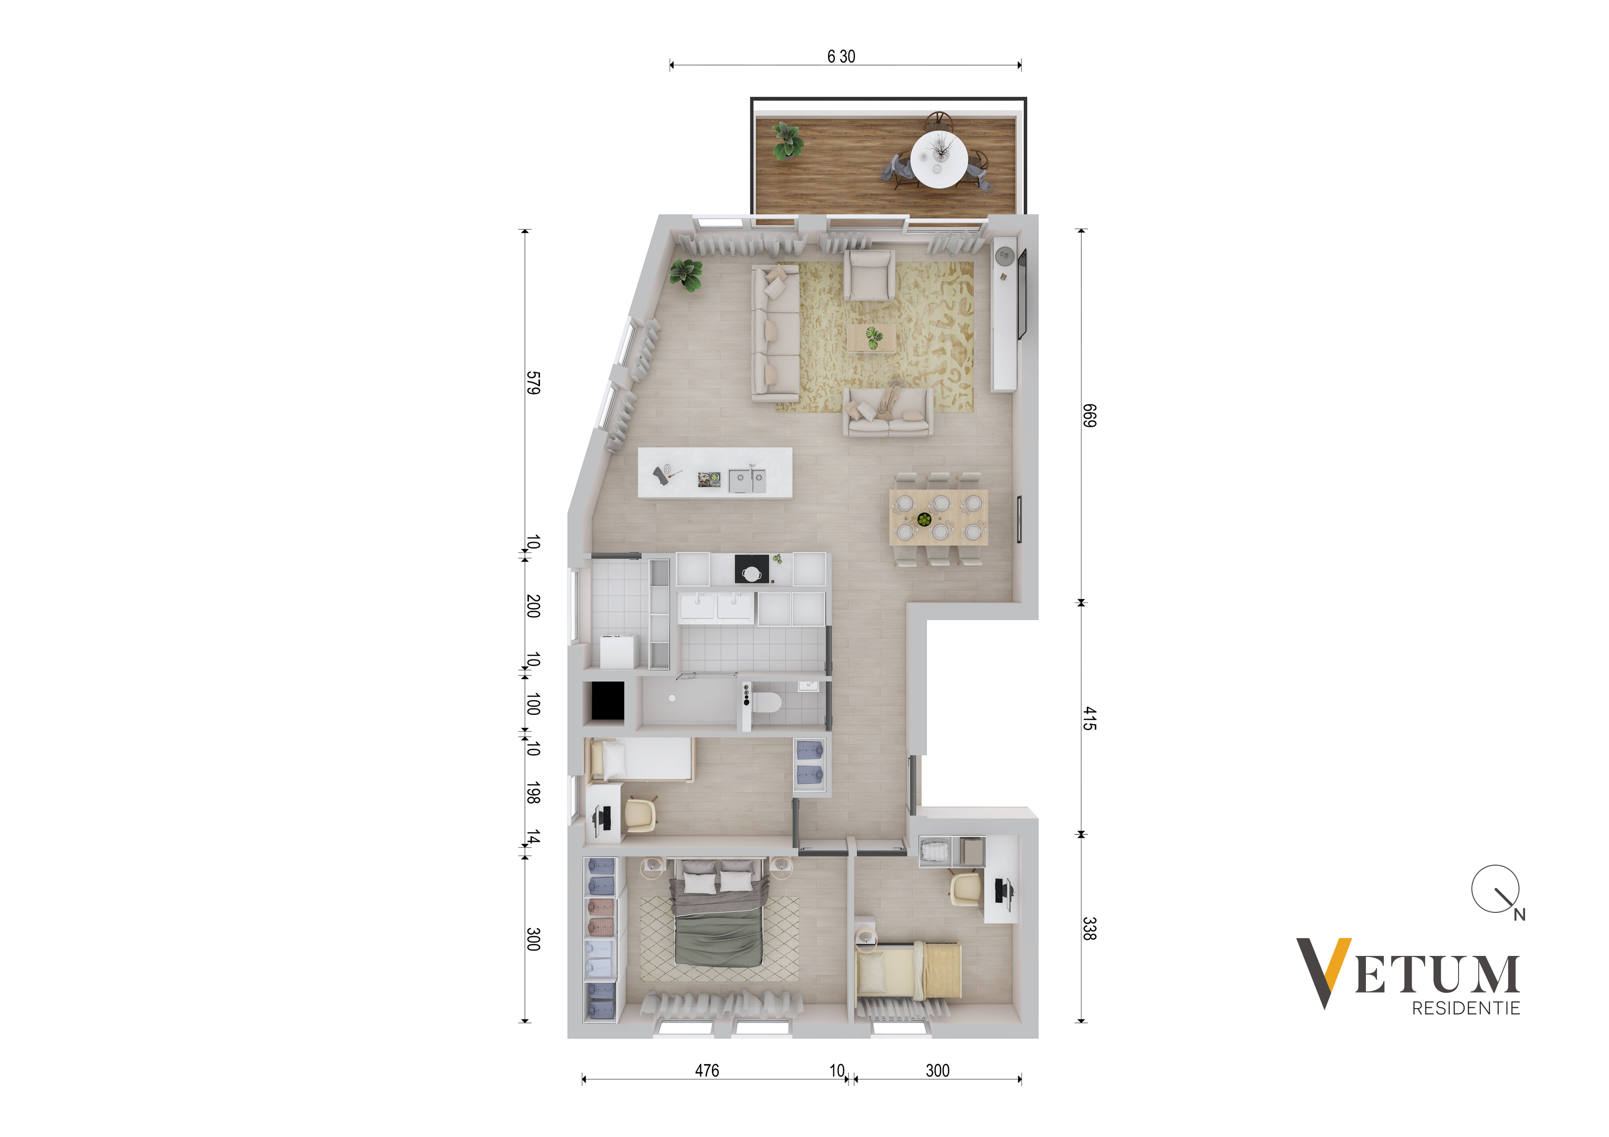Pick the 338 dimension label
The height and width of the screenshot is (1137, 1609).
(x=1089, y=928)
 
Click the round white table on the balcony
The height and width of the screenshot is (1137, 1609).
(x=939, y=159)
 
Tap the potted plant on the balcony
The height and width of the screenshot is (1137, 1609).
(x=788, y=139)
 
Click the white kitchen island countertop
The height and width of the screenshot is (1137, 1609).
(x=715, y=473)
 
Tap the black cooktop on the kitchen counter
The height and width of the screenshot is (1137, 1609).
(x=751, y=569)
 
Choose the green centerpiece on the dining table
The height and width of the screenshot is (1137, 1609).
(x=924, y=519)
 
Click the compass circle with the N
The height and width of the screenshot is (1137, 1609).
(x=1495, y=889)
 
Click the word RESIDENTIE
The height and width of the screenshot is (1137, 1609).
(x=1466, y=1008)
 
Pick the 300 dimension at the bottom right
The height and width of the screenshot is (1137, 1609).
(x=938, y=1071)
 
